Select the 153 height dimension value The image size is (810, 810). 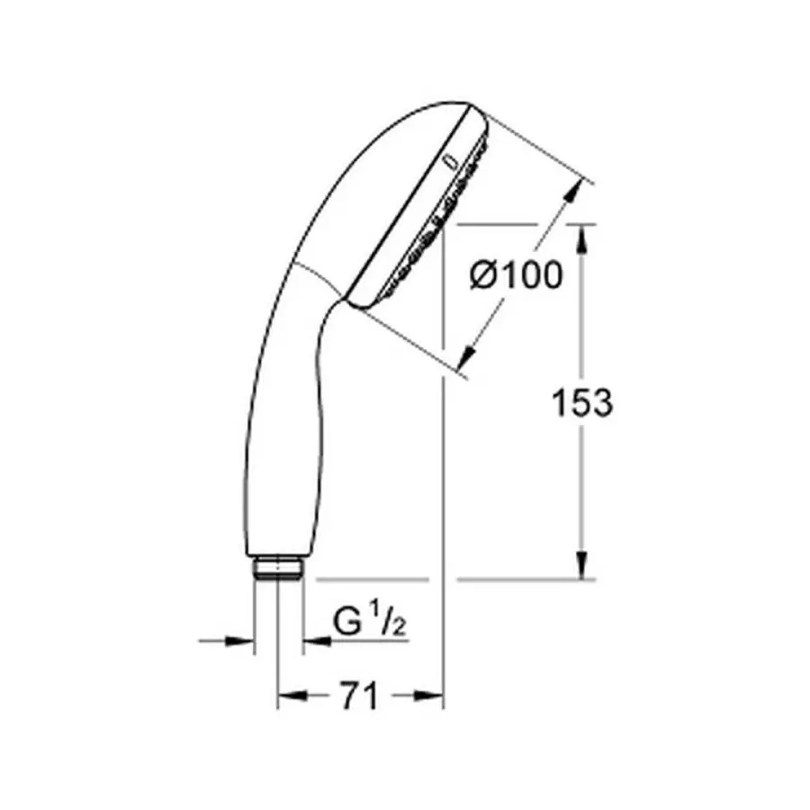point(582,403)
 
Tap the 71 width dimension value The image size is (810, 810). point(359,696)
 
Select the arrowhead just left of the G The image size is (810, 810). point(314,641)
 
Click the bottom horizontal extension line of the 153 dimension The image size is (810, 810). point(522,580)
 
